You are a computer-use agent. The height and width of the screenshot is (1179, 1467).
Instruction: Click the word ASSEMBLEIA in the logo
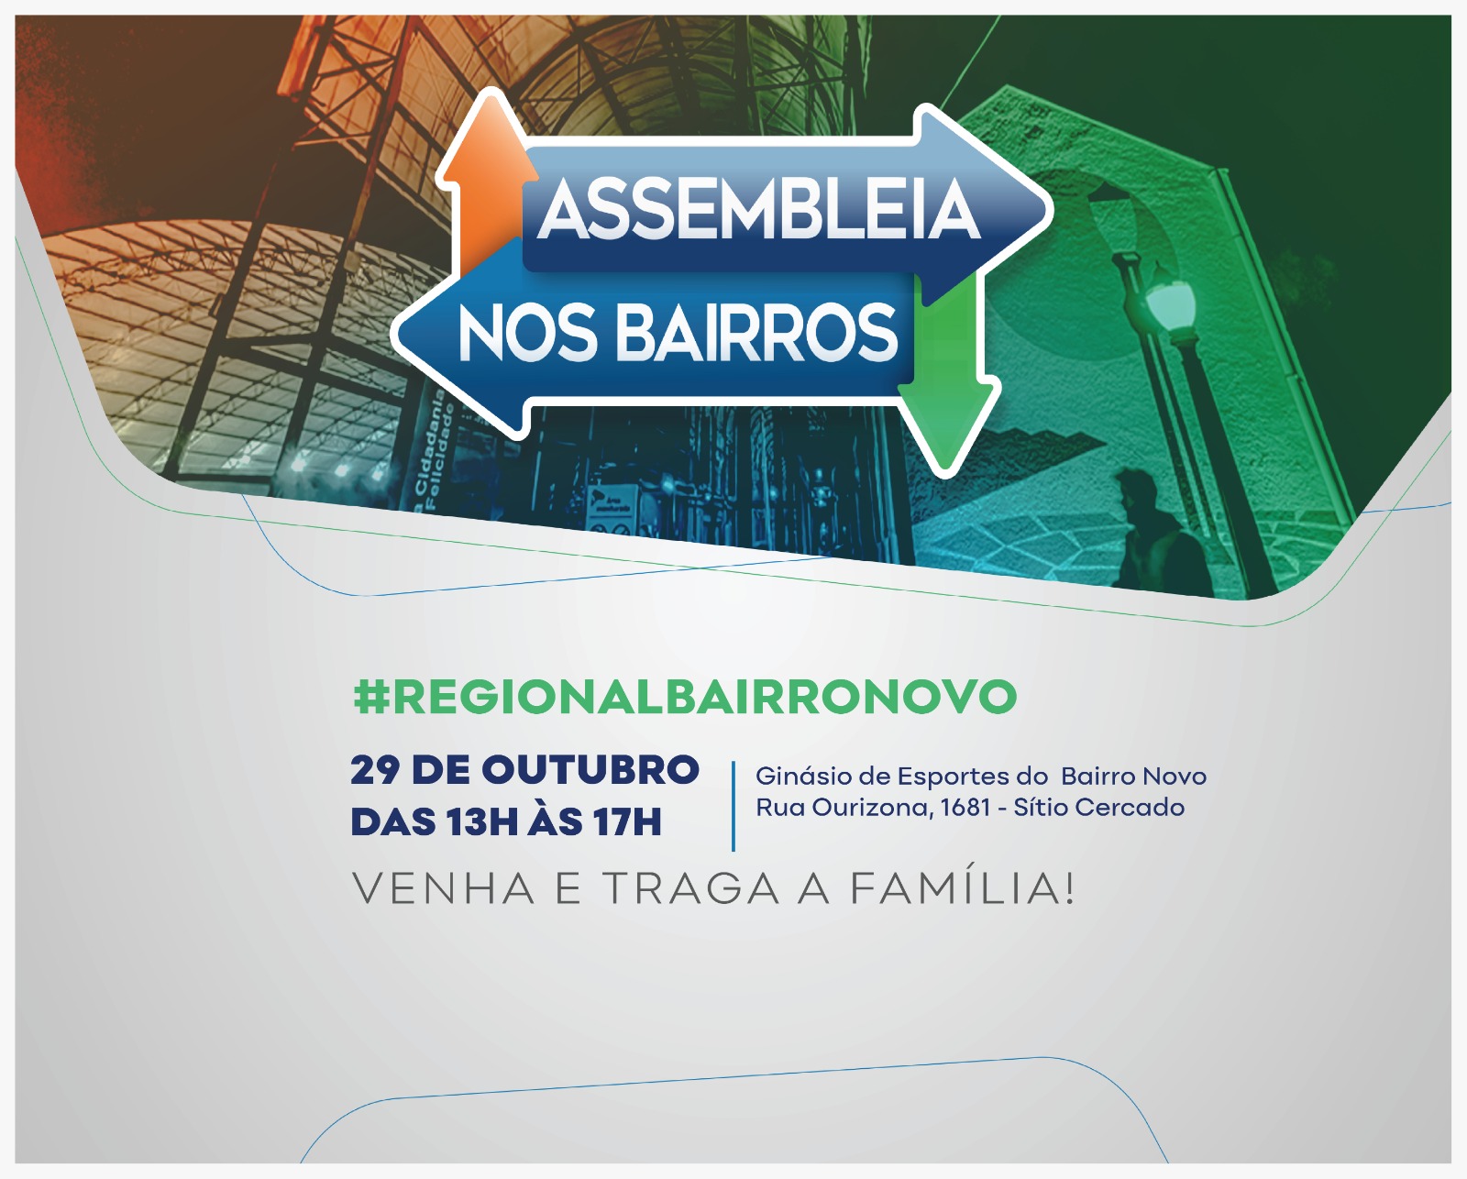click(759, 209)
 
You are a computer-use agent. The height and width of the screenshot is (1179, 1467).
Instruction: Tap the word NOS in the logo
click(527, 333)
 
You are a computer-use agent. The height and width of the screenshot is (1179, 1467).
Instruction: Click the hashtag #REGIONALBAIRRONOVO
click(685, 696)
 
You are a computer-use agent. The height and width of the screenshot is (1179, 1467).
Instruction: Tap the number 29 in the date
click(374, 770)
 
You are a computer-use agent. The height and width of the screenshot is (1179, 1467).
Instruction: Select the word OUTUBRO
click(590, 770)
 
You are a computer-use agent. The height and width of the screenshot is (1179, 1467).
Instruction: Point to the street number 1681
click(965, 808)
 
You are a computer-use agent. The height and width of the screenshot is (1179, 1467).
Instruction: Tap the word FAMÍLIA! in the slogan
click(963, 887)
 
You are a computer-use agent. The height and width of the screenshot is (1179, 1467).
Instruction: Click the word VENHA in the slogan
click(444, 889)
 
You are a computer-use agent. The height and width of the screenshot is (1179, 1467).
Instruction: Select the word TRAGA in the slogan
click(690, 889)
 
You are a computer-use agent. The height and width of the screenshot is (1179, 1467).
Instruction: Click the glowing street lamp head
click(1167, 300)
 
